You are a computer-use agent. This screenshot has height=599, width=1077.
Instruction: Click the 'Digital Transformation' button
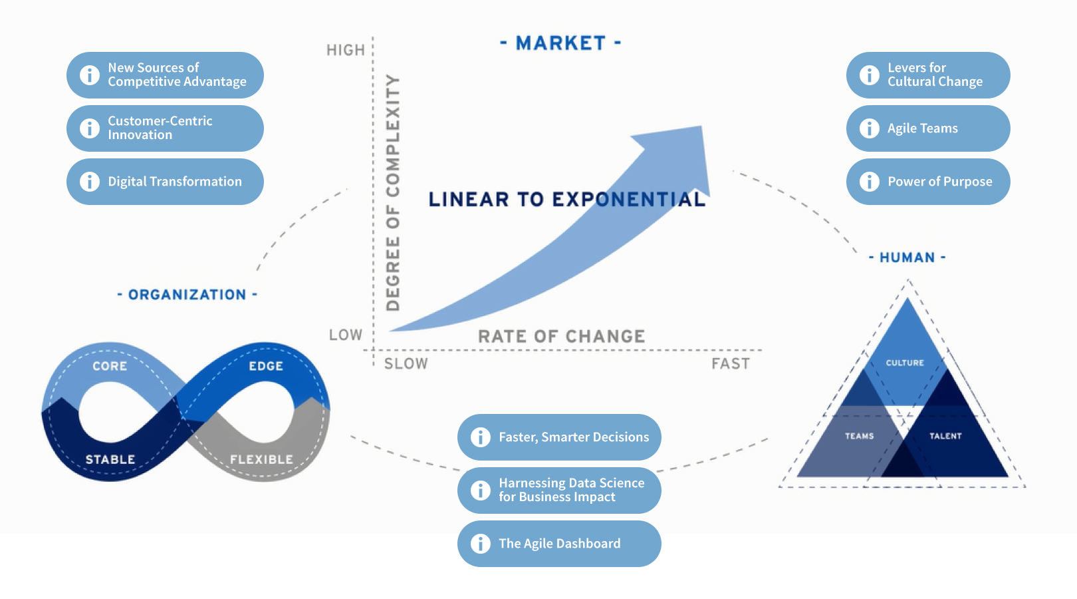[x=165, y=182]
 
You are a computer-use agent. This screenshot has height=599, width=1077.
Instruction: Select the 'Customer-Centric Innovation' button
[x=165, y=128]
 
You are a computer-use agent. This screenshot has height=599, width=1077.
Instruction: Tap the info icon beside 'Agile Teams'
[x=869, y=128]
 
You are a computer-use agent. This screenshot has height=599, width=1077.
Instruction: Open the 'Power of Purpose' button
[x=928, y=182]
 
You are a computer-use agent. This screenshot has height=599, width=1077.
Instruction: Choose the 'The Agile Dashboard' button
[x=559, y=544]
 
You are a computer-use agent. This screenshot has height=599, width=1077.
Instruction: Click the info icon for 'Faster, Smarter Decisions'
[x=480, y=437]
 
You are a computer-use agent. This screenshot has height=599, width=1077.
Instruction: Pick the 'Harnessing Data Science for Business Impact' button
[x=559, y=491]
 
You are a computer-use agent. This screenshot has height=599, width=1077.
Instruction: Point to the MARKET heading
[x=560, y=43]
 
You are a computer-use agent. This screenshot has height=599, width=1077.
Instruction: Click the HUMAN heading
[x=907, y=258]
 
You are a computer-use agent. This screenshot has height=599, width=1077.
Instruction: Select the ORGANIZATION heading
[x=187, y=295]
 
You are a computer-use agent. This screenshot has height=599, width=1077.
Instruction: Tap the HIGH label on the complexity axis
[x=346, y=51]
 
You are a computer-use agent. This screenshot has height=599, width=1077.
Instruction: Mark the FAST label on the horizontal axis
[x=730, y=364]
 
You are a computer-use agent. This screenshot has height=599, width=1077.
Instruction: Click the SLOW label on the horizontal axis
[x=406, y=364]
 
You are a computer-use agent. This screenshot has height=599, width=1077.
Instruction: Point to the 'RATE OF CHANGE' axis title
[x=561, y=337]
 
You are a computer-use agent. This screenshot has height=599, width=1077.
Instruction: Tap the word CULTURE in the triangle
[x=905, y=363]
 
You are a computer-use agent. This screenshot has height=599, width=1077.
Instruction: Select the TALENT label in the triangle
[x=945, y=436]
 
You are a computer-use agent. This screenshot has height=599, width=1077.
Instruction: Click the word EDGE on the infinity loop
[x=266, y=366]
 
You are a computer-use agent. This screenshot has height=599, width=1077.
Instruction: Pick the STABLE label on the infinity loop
[x=110, y=459]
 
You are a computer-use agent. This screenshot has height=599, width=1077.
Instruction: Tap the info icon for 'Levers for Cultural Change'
[x=869, y=75]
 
